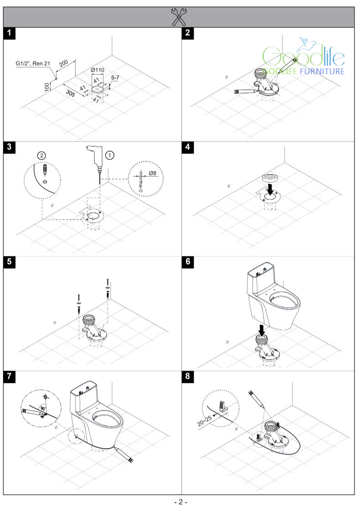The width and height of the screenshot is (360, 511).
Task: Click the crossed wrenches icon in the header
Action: [180, 17]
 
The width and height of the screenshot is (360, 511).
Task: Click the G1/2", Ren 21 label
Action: [36, 64]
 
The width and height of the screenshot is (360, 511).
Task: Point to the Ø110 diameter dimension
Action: [98, 69]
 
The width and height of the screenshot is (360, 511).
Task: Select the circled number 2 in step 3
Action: [42, 155]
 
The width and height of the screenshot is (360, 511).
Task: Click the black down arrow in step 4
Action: [271, 188]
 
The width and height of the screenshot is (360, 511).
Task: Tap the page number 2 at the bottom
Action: [180, 502]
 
